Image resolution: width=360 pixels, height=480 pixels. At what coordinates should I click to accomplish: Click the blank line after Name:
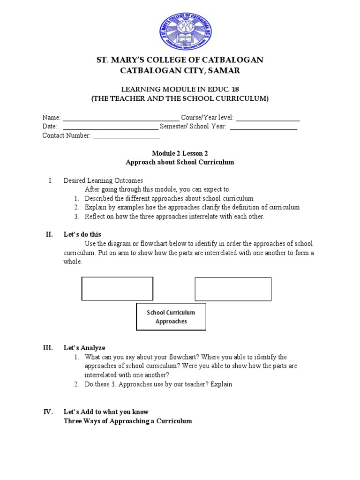[121, 118]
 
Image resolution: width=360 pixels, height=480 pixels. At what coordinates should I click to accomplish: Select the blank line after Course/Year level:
[268, 118]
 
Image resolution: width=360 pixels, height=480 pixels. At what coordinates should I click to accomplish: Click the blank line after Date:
[110, 127]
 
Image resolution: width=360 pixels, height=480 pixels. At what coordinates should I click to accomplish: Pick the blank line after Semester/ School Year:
[263, 127]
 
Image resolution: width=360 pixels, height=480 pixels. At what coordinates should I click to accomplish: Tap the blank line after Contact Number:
[127, 135]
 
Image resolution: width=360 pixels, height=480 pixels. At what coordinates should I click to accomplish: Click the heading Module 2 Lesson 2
[180, 153]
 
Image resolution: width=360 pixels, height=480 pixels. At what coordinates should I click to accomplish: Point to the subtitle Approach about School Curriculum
[180, 162]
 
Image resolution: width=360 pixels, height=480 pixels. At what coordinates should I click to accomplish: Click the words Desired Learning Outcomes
[103, 180]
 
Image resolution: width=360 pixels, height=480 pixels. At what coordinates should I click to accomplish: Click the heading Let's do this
[82, 234]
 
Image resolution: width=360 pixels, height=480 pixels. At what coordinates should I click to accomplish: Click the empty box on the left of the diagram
[117, 288]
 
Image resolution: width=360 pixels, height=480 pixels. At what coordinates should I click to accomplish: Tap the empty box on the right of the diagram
[233, 289]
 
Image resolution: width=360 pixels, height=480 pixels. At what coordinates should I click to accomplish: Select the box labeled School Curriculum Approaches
[171, 317]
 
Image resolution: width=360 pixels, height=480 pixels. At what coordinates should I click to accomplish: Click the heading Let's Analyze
[84, 348]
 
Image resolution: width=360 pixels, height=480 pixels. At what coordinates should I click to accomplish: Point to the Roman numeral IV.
[48, 412]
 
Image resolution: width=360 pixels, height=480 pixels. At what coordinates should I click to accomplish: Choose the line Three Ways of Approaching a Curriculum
[127, 421]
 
